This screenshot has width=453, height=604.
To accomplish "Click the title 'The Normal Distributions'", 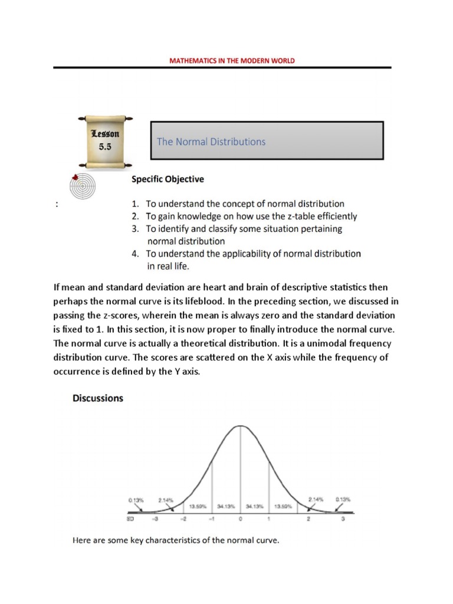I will click(211, 142).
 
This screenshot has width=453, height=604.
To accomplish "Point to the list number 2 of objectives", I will click(134, 216).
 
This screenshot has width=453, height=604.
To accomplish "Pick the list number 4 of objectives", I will click(134, 254).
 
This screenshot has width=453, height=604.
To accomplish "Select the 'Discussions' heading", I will click(98, 398).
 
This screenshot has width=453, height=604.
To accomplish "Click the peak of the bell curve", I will click(240, 425).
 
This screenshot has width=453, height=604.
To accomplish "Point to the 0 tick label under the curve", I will click(240, 520).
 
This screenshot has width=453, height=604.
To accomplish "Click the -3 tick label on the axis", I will click(155, 520).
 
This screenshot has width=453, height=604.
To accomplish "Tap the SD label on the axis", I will click(130, 520).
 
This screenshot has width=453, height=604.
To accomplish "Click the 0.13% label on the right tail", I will click(343, 500).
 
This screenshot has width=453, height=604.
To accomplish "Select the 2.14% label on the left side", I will click(166, 500).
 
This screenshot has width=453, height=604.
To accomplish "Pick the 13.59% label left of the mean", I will click(197, 505).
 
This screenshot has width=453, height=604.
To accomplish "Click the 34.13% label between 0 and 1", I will click(254, 505).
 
